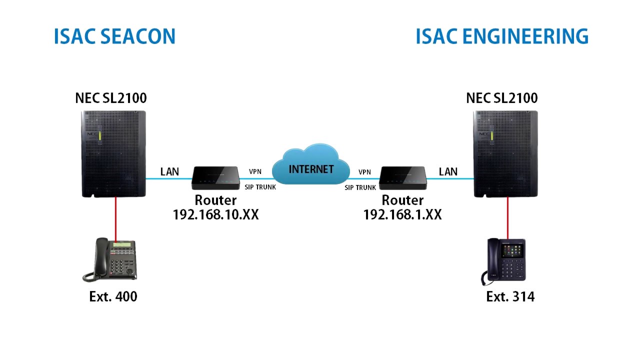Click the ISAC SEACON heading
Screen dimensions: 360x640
point(115,36)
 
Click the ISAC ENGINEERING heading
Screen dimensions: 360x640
point(501,36)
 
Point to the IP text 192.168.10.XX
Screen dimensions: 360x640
point(215,215)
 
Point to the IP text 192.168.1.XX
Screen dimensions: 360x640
point(402,215)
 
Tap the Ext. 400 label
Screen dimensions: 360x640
point(113,296)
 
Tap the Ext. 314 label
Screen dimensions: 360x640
point(510,296)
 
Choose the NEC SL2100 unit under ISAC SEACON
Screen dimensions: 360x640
point(114,154)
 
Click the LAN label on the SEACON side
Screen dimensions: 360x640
point(169,172)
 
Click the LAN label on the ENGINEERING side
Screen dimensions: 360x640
point(448,172)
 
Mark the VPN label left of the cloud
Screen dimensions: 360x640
point(255,172)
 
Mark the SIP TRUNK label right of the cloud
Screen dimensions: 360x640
point(360,188)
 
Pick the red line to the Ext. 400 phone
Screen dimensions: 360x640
point(116,218)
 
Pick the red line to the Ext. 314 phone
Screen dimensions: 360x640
point(507,217)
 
